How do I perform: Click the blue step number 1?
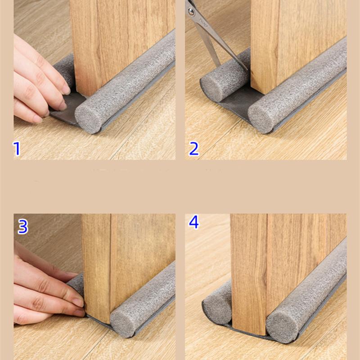(17, 149)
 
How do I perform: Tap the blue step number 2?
(194, 149)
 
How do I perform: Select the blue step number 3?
(23, 227)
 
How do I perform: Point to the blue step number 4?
(193, 222)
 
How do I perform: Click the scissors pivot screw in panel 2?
(190, 11)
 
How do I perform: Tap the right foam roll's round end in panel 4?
(279, 330)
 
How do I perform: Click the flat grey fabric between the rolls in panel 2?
(239, 101)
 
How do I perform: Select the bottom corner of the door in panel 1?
(86, 96)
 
